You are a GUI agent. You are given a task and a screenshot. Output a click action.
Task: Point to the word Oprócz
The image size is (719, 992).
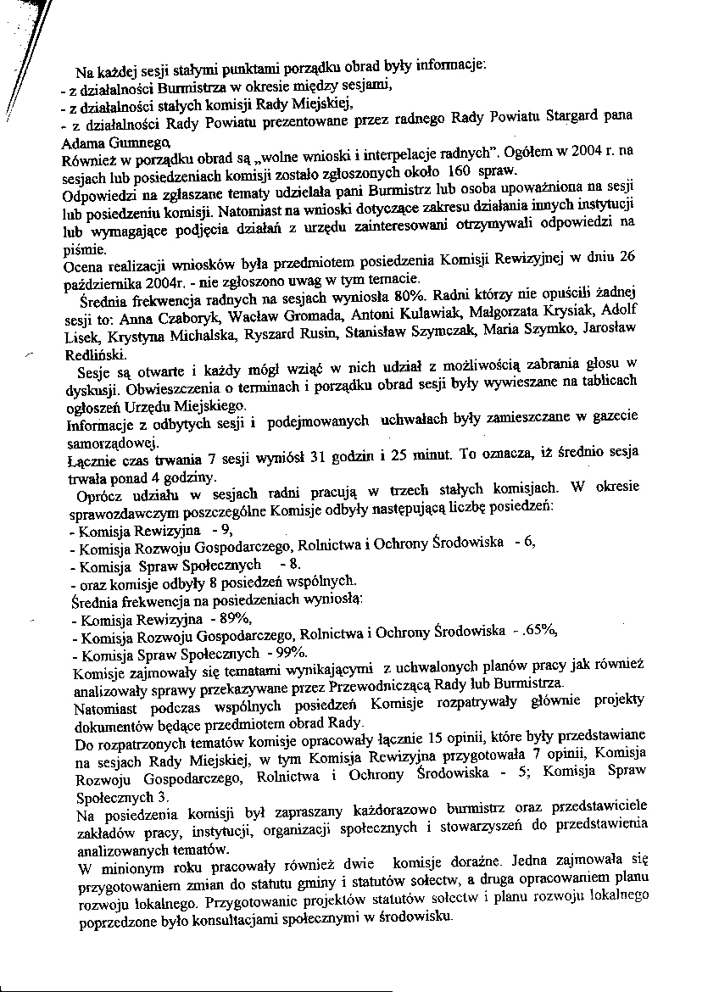[x=99, y=492]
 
